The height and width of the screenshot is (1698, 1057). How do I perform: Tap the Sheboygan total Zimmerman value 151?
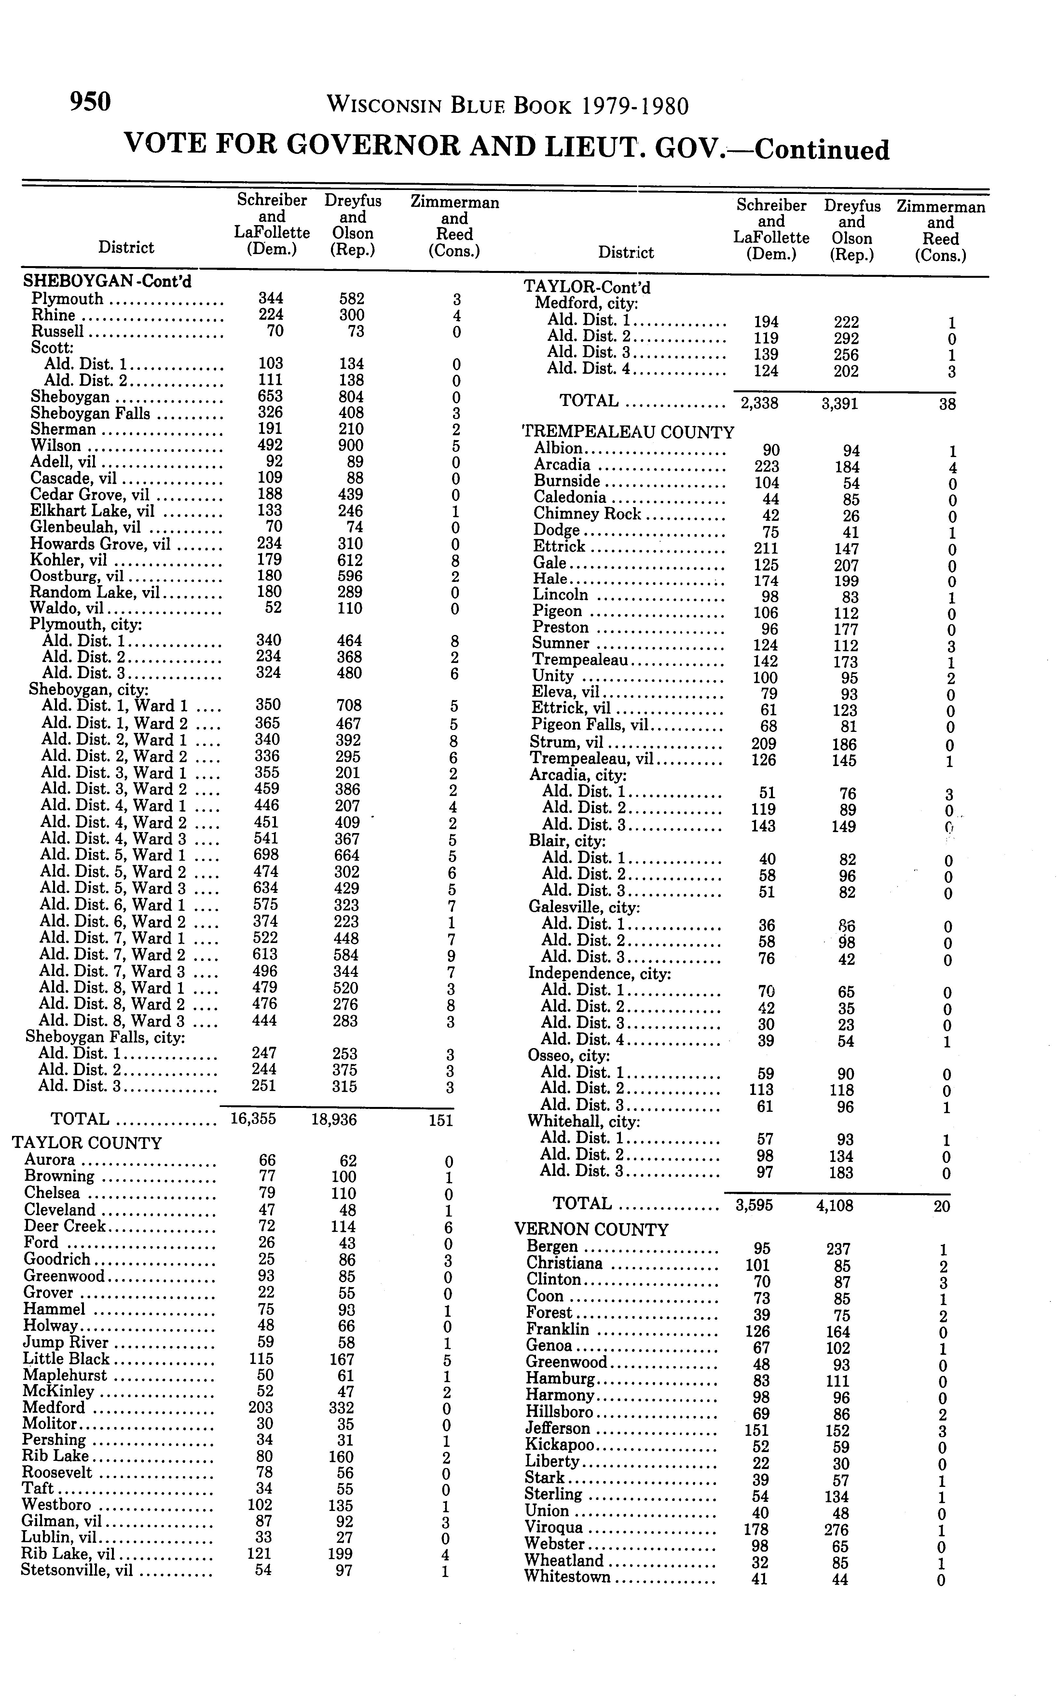(x=441, y=1121)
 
